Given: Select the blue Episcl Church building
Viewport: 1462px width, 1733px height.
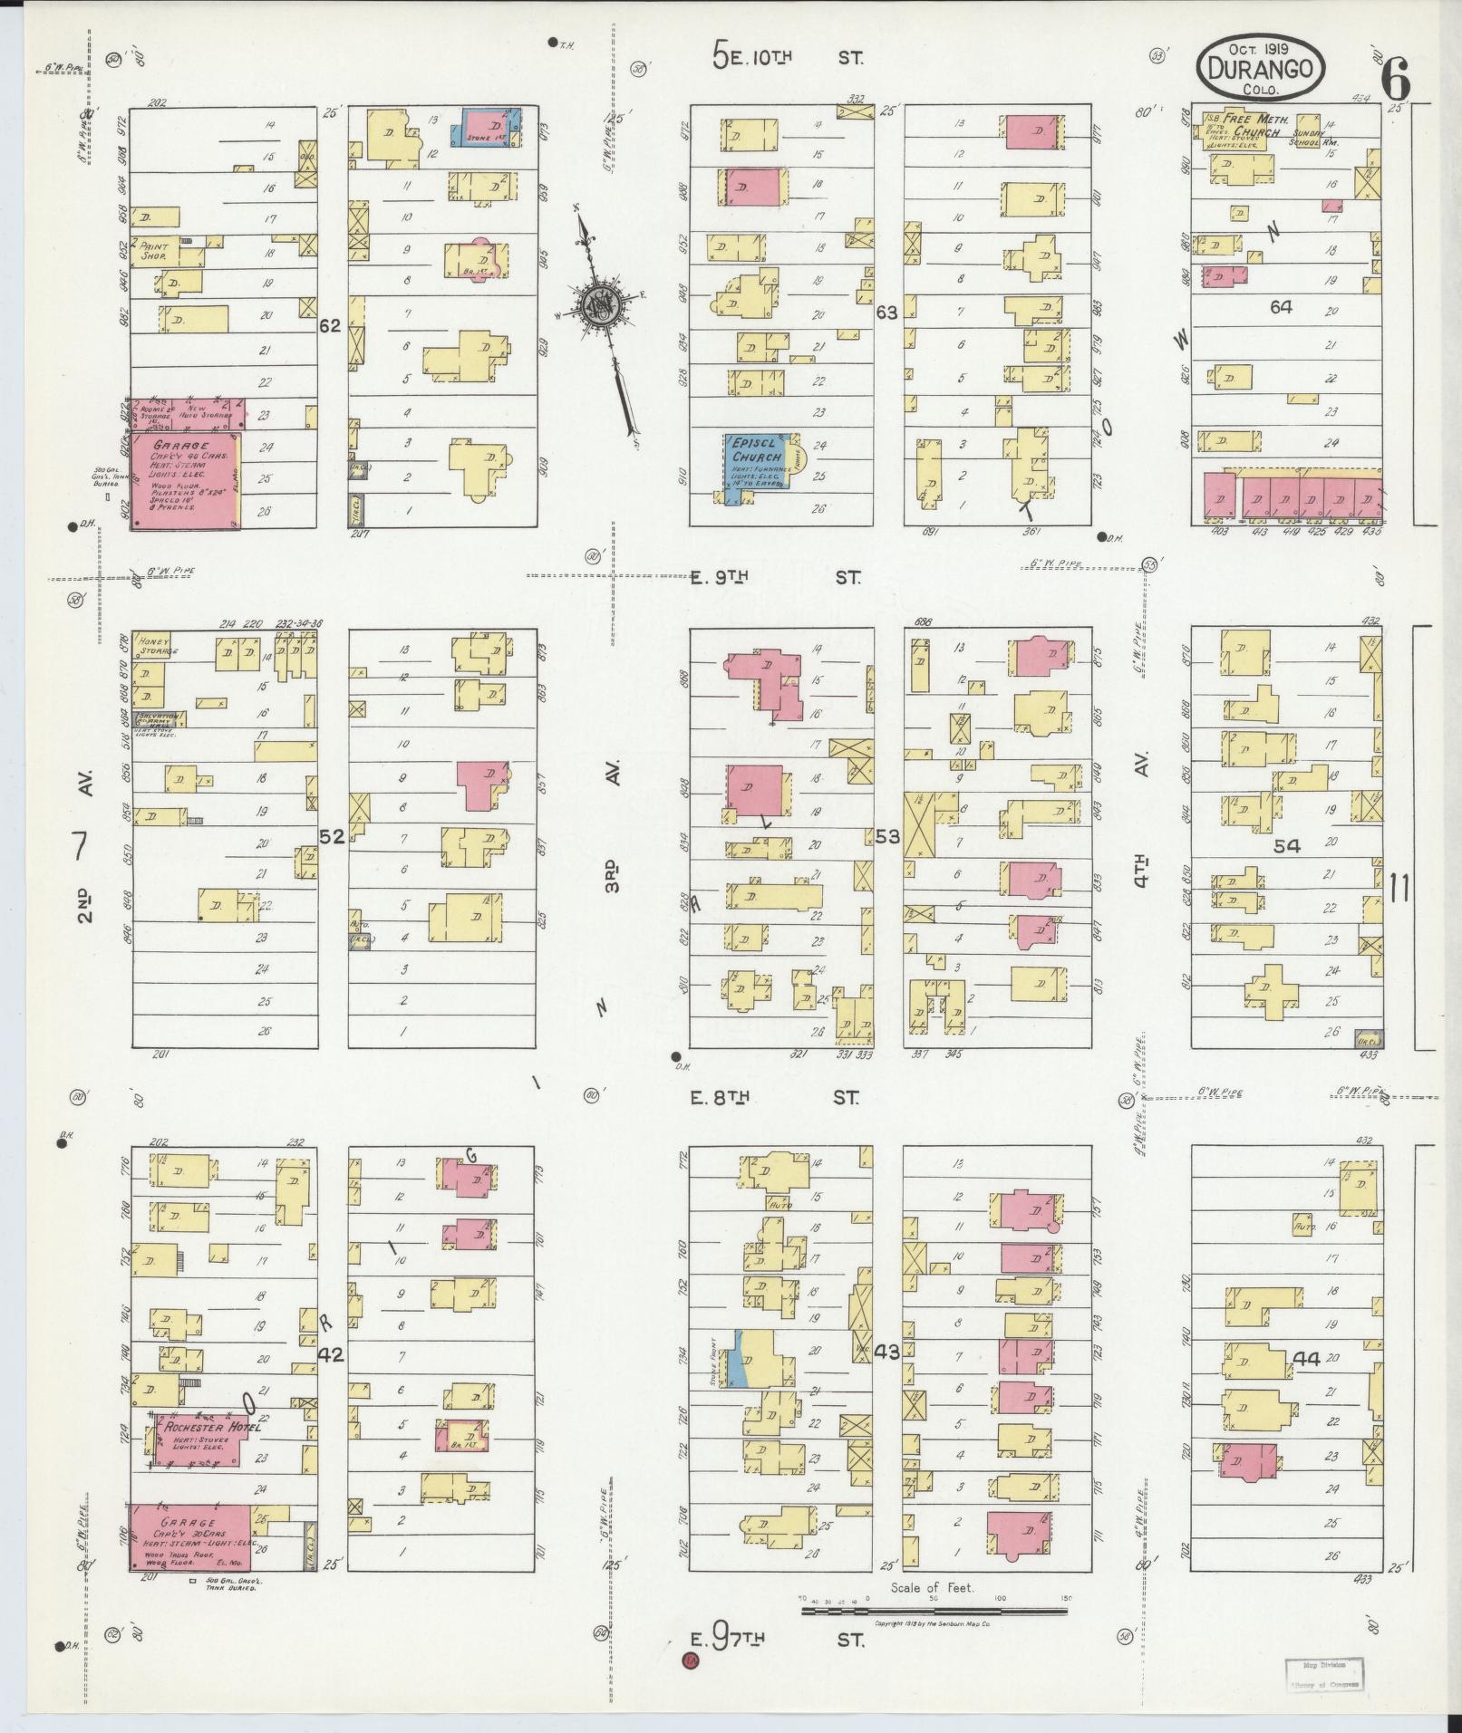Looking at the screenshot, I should tap(756, 462).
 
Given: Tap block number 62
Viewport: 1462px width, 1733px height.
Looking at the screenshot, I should tap(330, 325).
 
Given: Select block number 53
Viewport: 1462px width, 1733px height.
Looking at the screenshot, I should tap(887, 836).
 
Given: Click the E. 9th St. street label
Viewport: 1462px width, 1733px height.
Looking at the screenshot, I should tap(775, 577).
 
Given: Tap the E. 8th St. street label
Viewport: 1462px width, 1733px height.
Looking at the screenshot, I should tap(775, 1098).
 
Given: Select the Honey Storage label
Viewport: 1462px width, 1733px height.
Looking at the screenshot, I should tap(156, 645).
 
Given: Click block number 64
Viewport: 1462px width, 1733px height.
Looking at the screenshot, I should tap(1280, 307).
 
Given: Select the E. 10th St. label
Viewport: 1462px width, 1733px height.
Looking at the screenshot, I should tap(787, 58).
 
